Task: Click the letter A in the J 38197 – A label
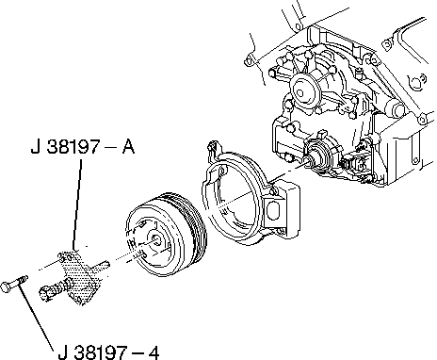click(x=128, y=147)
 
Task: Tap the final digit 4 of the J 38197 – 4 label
click(x=154, y=352)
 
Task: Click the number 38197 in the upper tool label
click(x=74, y=147)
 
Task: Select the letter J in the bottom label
click(x=63, y=352)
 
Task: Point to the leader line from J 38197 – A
click(x=77, y=205)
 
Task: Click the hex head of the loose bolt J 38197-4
click(x=6, y=286)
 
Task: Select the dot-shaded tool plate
click(x=80, y=276)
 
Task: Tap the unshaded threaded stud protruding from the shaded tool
click(x=101, y=266)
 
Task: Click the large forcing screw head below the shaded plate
click(x=45, y=293)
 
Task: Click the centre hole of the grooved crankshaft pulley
click(x=156, y=240)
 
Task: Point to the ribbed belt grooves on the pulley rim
click(x=188, y=226)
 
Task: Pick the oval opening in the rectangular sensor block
click(x=272, y=210)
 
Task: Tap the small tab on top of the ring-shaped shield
click(x=213, y=147)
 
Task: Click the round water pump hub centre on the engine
click(x=299, y=93)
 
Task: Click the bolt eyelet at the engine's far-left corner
click(x=249, y=61)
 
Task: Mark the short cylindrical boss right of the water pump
click(x=397, y=108)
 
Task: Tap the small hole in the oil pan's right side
click(x=415, y=160)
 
